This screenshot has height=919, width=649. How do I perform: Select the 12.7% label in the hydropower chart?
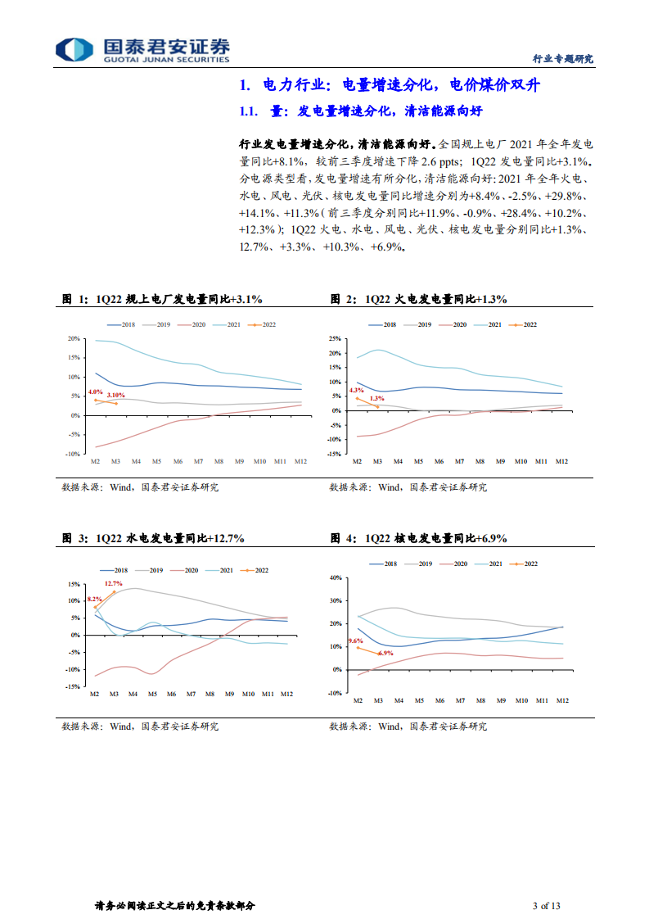click(113, 583)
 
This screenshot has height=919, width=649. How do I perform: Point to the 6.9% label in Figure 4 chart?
click(386, 653)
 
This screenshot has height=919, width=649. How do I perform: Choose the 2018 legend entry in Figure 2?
click(384, 325)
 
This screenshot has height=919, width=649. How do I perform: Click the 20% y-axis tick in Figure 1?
click(74, 339)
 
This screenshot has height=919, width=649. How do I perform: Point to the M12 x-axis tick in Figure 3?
click(286, 694)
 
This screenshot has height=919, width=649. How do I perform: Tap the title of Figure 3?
click(153, 538)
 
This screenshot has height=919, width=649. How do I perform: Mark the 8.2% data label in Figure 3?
click(94, 600)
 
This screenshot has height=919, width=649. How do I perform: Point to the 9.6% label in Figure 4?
click(355, 641)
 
